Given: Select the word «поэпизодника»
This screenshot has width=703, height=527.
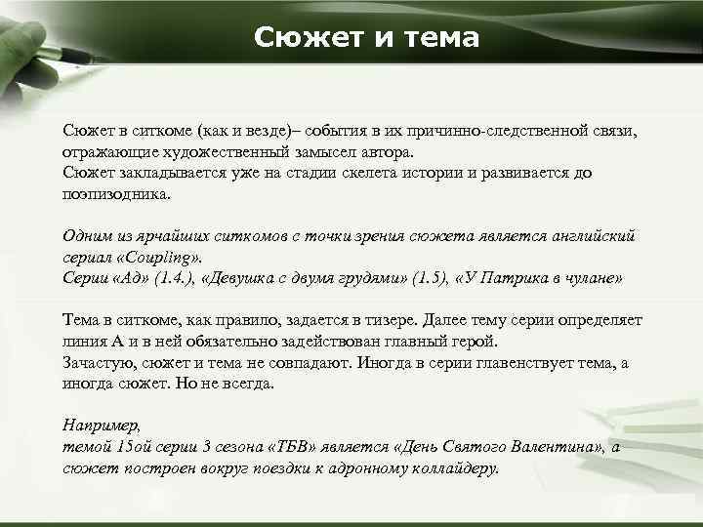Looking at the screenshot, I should point(114,193).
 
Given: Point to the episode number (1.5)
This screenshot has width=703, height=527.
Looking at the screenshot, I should point(425,278).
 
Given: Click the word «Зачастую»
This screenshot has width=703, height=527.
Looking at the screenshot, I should point(98,363).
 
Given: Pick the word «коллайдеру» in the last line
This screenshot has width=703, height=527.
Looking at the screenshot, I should point(453,467).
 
